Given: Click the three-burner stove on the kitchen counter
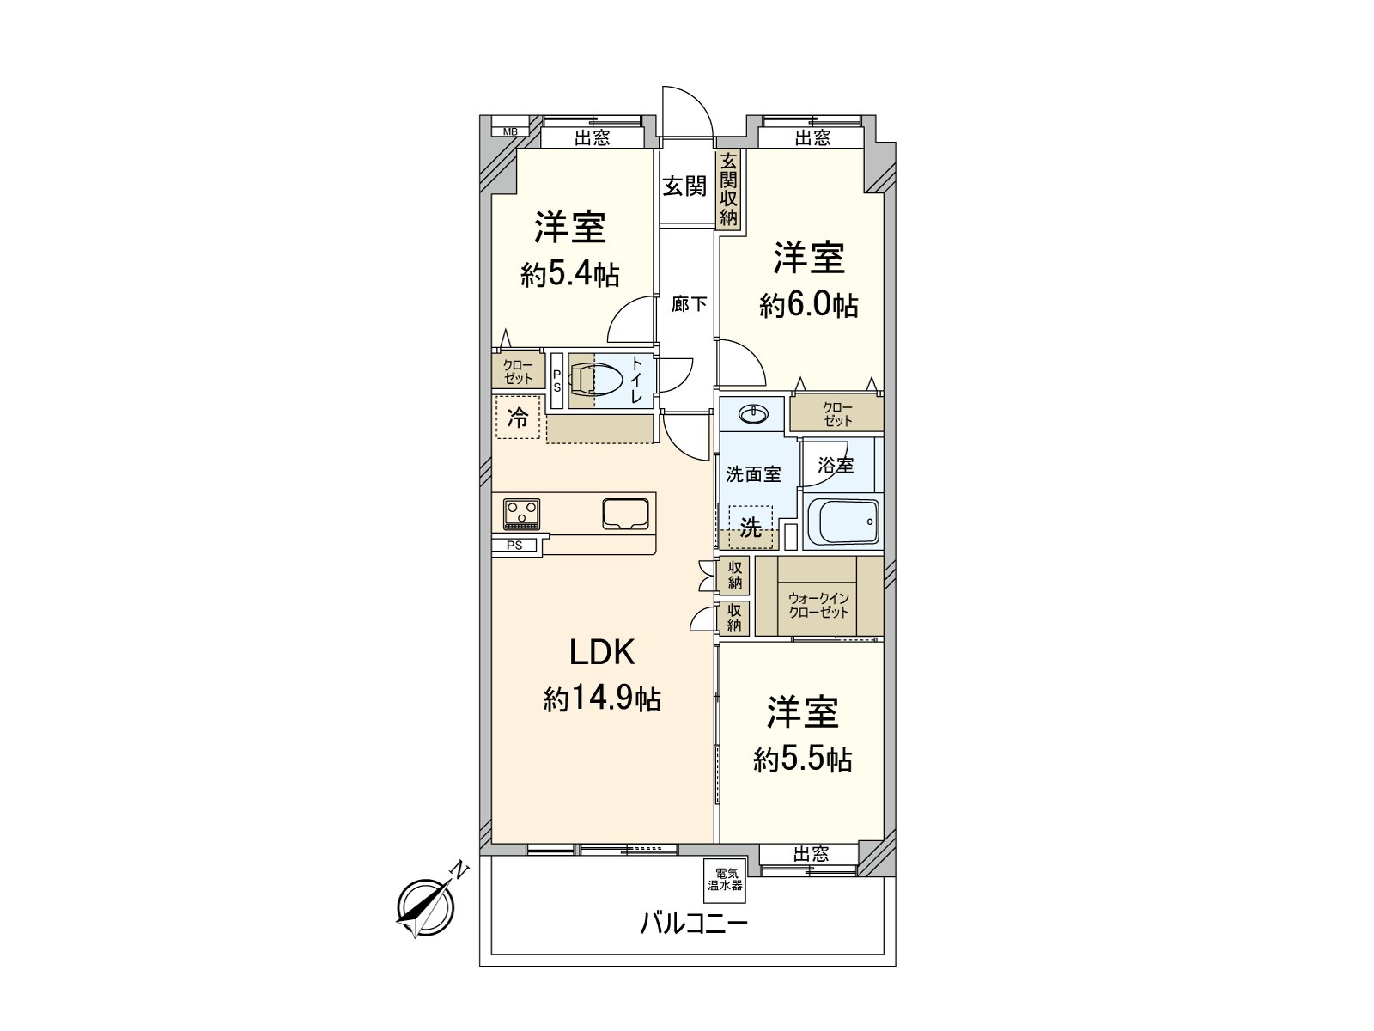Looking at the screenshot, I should click(521, 515).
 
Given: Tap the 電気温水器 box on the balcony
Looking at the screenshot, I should click(724, 880).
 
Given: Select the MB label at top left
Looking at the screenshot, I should click(510, 131).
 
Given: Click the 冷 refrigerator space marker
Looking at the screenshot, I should click(517, 418).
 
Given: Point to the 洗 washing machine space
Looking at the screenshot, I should click(751, 527).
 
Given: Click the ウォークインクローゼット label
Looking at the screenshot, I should click(818, 605).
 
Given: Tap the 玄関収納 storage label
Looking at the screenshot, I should click(728, 189).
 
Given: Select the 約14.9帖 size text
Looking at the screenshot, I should click(601, 699).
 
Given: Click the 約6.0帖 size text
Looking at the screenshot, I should click(808, 305).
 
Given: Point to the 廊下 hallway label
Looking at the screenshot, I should click(689, 303).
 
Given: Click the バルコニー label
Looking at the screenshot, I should click(694, 924).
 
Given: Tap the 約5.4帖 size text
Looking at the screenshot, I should click(569, 275).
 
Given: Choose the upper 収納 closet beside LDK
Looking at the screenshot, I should click(735, 574).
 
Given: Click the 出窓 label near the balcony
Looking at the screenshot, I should click(810, 854).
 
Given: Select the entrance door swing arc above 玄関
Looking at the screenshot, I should click(687, 110).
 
